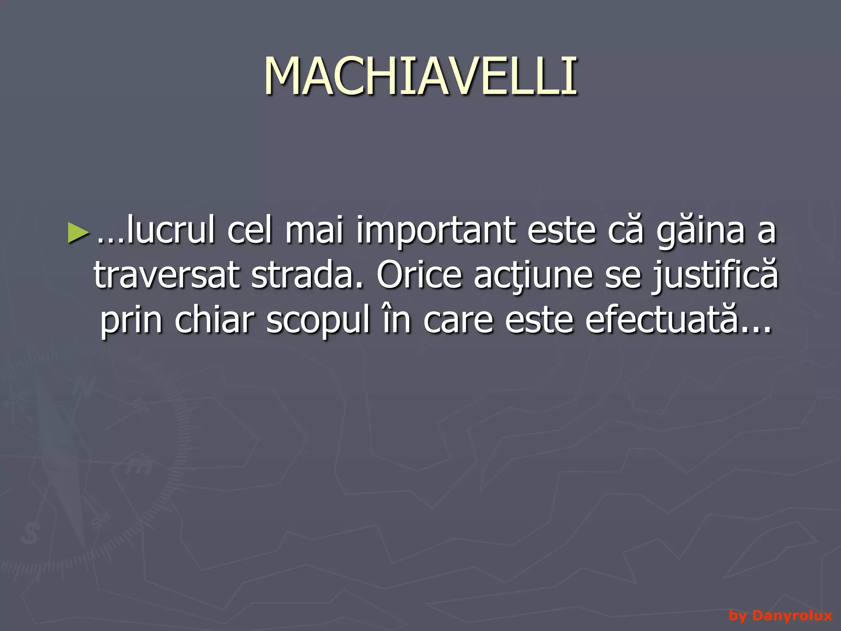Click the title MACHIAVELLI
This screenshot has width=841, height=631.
[420, 76]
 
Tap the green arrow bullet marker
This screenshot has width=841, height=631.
[78, 232]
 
